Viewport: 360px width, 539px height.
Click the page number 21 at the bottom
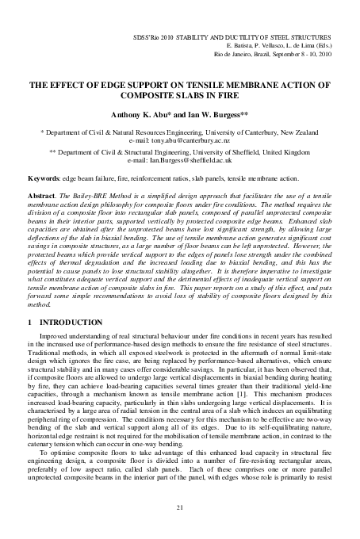[180, 507]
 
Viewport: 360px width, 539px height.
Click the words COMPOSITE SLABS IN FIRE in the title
[180, 92]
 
